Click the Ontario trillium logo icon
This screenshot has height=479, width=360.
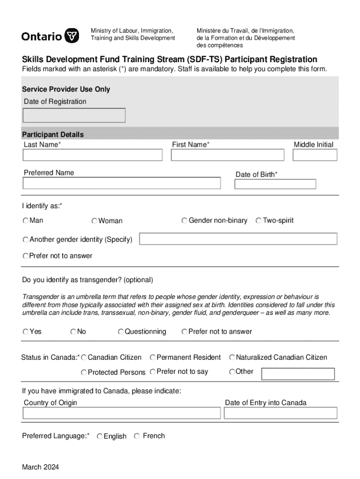[71, 36]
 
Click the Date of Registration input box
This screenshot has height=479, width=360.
[74, 115]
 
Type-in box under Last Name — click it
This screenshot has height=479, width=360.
[93, 155]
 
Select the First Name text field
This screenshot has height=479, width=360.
[227, 155]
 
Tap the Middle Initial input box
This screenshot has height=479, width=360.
[315, 155]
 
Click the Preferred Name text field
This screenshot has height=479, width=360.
[122, 183]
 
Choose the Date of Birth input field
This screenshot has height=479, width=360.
[275, 184]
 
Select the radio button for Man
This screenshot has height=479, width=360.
[26, 220]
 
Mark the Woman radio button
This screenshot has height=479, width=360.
[94, 221]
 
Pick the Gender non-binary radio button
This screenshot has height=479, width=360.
[185, 220]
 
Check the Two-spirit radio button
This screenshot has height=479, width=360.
[259, 220]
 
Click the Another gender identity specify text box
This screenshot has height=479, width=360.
[238, 239]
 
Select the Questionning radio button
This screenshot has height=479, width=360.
[121, 332]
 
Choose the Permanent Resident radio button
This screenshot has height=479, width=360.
[153, 357]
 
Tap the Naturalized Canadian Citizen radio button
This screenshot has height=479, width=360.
[232, 357]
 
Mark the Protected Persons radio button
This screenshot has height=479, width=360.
[84, 372]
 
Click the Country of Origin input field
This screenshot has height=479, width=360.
[122, 413]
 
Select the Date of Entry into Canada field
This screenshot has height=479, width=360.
[281, 413]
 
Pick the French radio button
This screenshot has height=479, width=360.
[137, 436]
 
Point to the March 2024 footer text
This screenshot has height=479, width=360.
[40, 467]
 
